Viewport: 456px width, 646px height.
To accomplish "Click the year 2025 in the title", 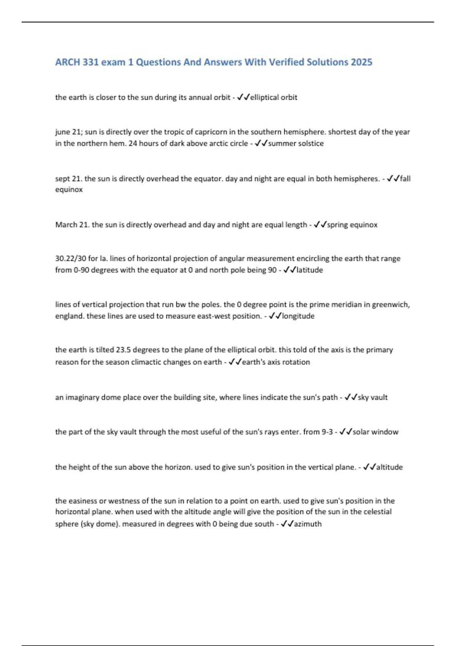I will point(361,62).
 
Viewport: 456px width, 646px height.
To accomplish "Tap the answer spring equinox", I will point(352,225).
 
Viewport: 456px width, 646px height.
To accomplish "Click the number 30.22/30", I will point(71,258).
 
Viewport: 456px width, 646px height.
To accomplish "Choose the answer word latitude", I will point(309,270).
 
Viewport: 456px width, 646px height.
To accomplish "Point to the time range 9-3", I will point(326,432).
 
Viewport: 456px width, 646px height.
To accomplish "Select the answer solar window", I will point(375,432).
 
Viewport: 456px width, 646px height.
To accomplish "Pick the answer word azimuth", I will point(308,524).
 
